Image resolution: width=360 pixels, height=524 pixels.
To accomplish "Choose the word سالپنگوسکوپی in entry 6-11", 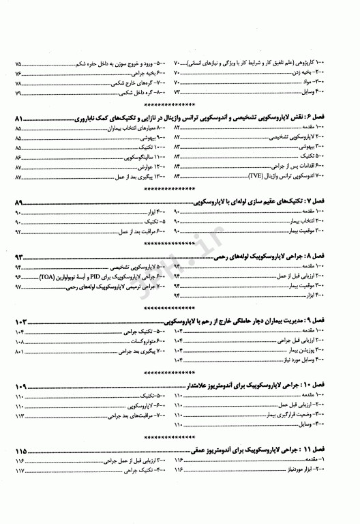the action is pos(125,157).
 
